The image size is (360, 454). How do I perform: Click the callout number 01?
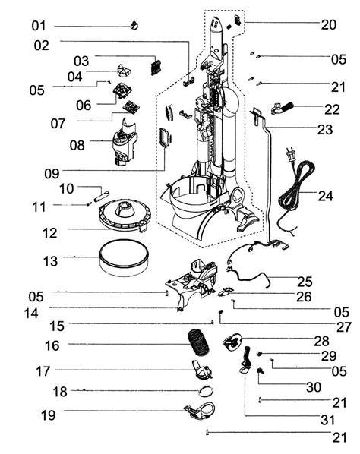(39, 26)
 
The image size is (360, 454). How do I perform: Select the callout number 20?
(328, 25)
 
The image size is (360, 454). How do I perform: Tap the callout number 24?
(326, 196)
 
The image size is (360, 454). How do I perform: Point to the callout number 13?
(50, 261)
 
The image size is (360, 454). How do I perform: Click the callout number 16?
(52, 345)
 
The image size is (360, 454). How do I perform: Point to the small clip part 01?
(137, 24)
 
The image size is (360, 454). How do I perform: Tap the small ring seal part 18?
(204, 391)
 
